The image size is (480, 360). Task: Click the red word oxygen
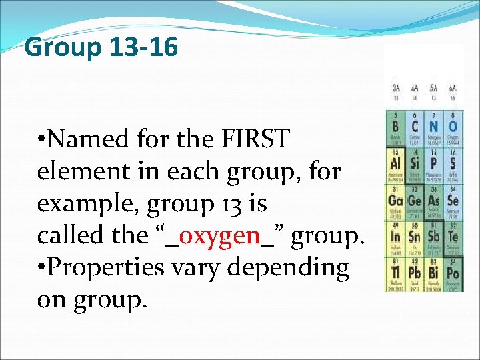(x=219, y=235)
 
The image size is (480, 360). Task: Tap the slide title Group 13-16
(x=101, y=47)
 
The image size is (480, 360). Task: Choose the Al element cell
(x=396, y=164)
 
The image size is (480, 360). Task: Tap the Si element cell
(x=415, y=164)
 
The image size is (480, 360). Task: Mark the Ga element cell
(x=396, y=201)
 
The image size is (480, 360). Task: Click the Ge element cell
(x=415, y=201)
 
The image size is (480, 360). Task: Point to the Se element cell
(x=453, y=201)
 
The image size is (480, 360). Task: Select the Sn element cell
(x=415, y=237)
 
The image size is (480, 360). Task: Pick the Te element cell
(x=453, y=237)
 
